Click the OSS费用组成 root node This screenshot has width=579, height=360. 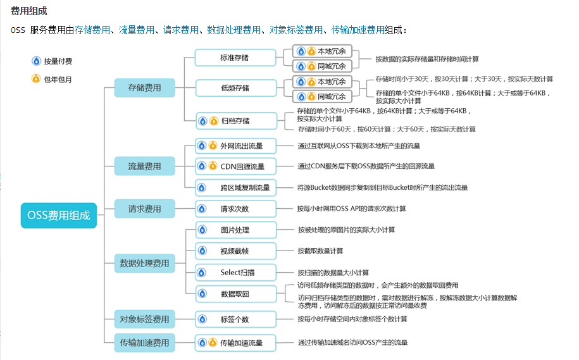(59, 215)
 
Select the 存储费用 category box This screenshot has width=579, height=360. (144, 88)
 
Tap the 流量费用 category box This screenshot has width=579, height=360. (144, 166)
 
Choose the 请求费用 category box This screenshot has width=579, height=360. (144, 209)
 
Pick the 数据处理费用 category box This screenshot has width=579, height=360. (144, 263)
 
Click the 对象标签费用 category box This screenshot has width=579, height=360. (144, 319)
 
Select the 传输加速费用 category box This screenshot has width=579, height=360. (144, 343)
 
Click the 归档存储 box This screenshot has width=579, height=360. (235, 121)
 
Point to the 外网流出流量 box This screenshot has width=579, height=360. (235, 146)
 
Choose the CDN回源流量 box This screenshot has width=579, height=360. (235, 166)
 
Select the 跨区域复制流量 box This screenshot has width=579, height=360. (235, 188)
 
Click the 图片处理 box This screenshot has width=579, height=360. (235, 230)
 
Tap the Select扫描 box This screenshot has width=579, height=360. (235, 273)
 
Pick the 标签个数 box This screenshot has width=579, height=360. (235, 319)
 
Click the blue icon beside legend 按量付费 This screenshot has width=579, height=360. (36, 61)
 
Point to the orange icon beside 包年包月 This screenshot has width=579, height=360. (36, 79)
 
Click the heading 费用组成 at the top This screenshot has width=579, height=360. (29, 11)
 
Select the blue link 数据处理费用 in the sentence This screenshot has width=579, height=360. (233, 30)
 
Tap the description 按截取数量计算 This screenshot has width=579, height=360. (321, 251)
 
